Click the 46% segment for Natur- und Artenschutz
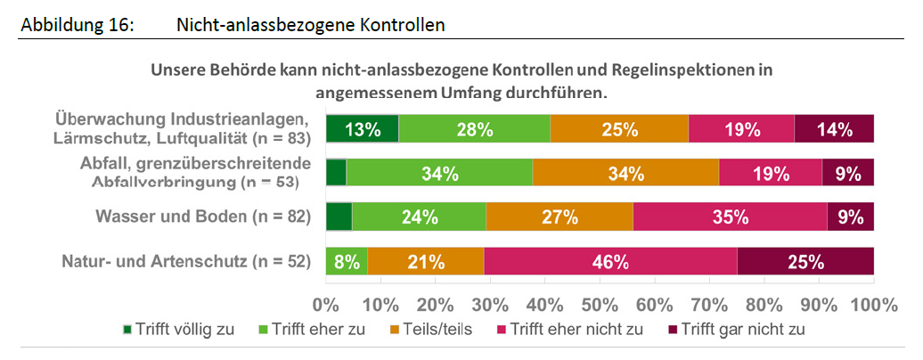[x=610, y=262]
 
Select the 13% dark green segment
[x=363, y=129]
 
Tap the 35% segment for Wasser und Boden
[x=730, y=217]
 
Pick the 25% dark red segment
[x=805, y=262]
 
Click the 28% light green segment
[x=474, y=129]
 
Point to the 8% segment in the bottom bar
[x=347, y=262]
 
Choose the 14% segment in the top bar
[x=835, y=129]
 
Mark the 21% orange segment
[x=425, y=262]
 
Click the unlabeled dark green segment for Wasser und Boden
[x=339, y=217]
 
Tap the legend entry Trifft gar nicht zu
[x=741, y=329]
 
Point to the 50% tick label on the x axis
[x=601, y=303]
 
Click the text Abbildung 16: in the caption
[x=76, y=25]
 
